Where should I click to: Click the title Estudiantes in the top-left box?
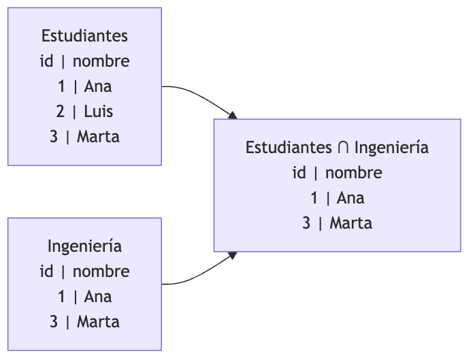tap(84, 36)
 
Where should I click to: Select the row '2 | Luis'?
tap(84, 112)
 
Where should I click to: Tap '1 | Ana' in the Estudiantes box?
tap(84, 86)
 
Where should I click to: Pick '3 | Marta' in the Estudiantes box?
tap(84, 136)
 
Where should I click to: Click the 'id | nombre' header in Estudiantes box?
tap(84, 61)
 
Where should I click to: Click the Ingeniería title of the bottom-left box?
tap(84, 246)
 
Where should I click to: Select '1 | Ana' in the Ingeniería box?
tap(84, 297)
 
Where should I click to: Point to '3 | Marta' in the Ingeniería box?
tap(84, 321)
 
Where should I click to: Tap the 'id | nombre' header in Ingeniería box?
tap(84, 272)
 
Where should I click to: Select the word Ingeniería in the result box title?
tap(392, 148)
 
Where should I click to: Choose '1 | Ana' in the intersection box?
tap(337, 198)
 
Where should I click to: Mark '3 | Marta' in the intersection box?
tap(337, 223)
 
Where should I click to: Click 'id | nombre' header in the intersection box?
tap(337, 173)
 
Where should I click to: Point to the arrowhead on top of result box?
tap(233, 116)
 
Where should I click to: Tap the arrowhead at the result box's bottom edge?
tap(233, 255)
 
